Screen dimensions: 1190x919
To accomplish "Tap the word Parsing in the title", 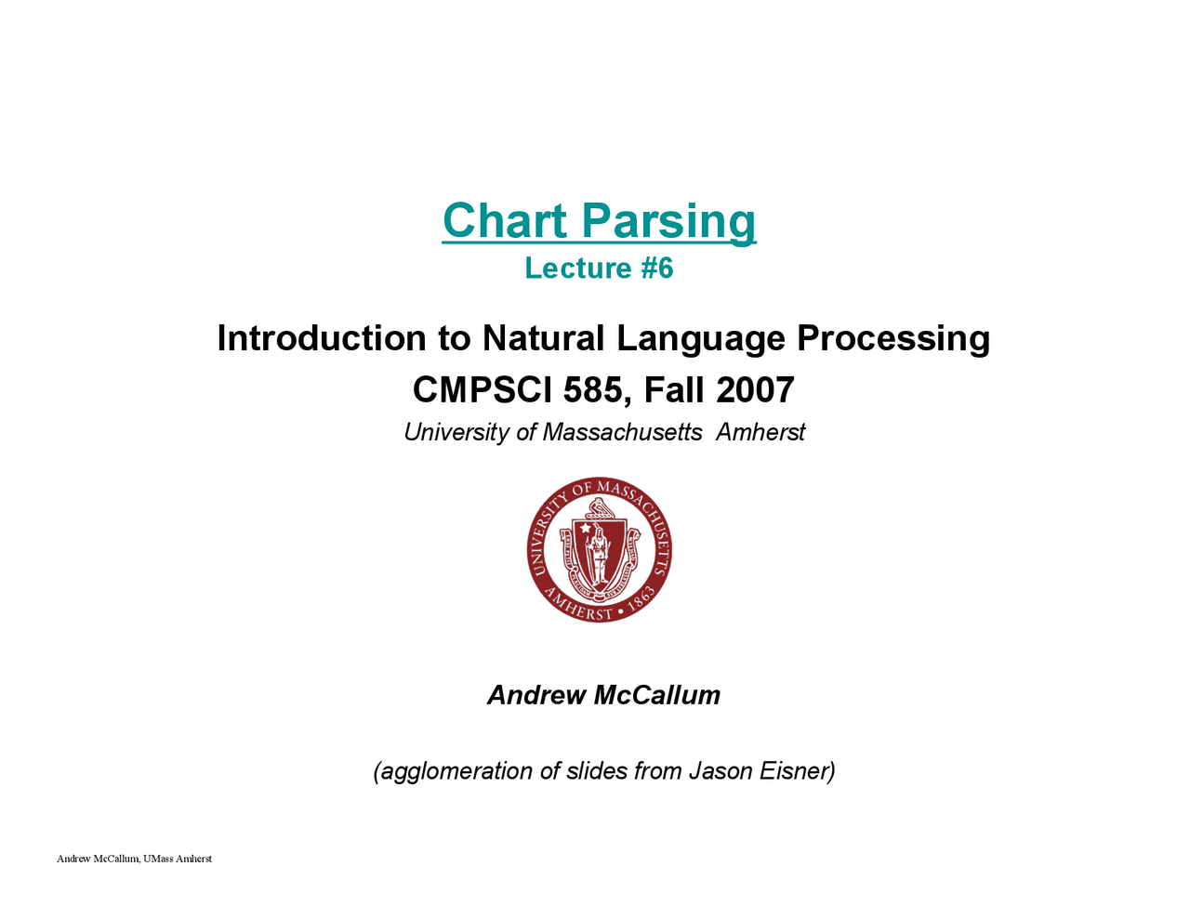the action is [x=668, y=223].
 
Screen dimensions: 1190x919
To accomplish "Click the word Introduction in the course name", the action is [x=322, y=337].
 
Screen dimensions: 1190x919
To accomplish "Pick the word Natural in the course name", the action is [x=543, y=337].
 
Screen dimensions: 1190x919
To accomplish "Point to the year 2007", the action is [x=755, y=389].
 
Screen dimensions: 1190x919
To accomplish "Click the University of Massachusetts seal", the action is [x=599, y=549].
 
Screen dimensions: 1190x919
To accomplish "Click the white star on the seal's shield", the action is [x=586, y=528].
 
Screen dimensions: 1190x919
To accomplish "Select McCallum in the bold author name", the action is [x=656, y=694].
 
